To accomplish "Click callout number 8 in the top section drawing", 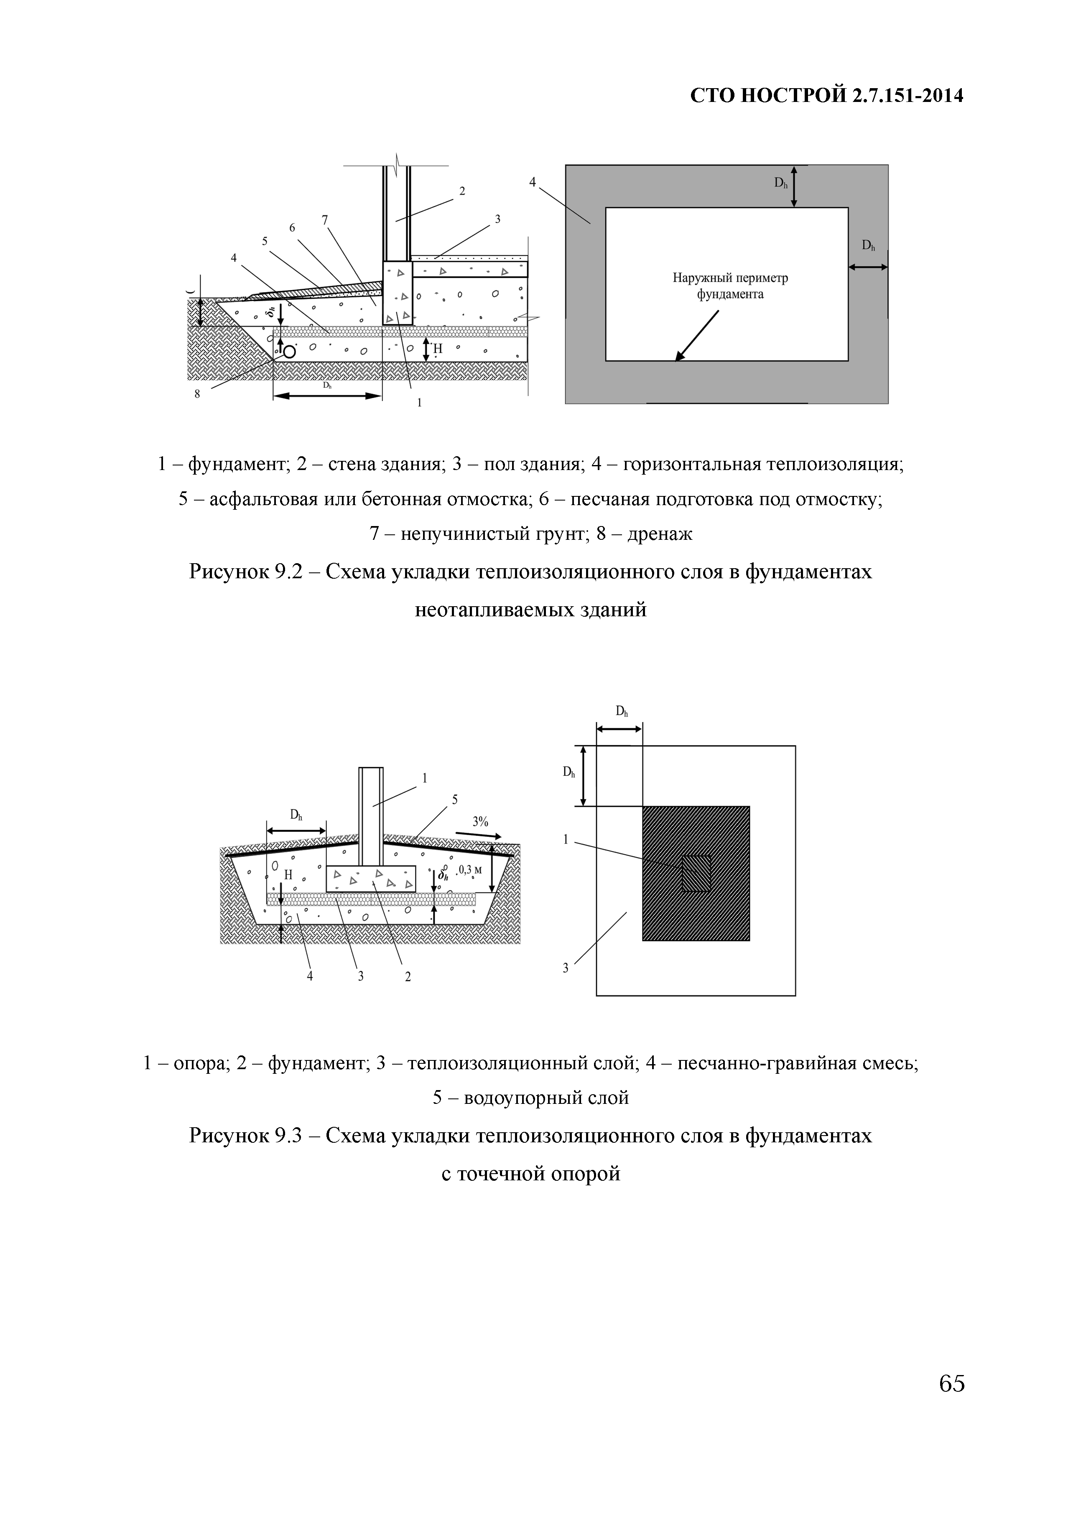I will pyautogui.click(x=197, y=394).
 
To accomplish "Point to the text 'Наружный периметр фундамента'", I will pyautogui.click(x=730, y=286).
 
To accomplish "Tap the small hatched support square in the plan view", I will pyautogui.click(x=696, y=874).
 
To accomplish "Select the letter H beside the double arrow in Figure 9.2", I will pyautogui.click(x=438, y=349).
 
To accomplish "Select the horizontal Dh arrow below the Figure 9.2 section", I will pyautogui.click(x=327, y=396).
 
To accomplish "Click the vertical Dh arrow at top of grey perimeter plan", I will pyautogui.click(x=793, y=186).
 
